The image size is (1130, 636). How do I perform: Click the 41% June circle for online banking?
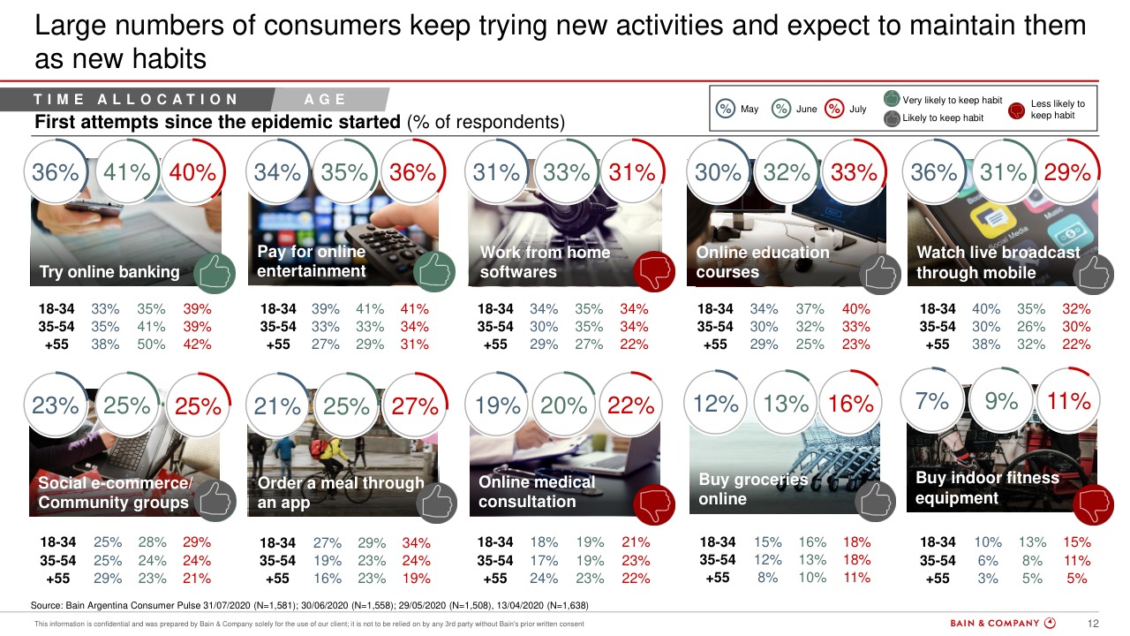click(x=127, y=172)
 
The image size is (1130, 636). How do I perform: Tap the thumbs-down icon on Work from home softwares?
click(x=654, y=271)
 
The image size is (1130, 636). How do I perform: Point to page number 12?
click(x=1093, y=624)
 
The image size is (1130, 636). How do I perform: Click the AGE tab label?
click(x=325, y=100)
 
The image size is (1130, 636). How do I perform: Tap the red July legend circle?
click(x=834, y=109)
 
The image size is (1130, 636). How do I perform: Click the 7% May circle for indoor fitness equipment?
click(x=932, y=402)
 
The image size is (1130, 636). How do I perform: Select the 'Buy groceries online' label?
click(x=753, y=488)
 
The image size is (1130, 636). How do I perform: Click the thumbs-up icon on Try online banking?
click(x=215, y=272)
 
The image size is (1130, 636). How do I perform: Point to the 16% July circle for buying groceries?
click(x=851, y=404)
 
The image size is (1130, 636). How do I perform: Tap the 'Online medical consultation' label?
click(x=537, y=492)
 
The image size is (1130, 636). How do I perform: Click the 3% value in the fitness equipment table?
click(x=987, y=579)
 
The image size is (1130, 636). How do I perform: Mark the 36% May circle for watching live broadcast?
click(x=934, y=172)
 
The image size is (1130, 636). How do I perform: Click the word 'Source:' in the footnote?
click(x=47, y=605)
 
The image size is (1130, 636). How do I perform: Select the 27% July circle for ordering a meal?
click(x=415, y=406)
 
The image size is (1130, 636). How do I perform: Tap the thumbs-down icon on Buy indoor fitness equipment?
click(x=1093, y=504)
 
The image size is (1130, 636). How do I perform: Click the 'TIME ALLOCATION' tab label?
click(x=137, y=100)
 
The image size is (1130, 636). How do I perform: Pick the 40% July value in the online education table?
click(x=855, y=309)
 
